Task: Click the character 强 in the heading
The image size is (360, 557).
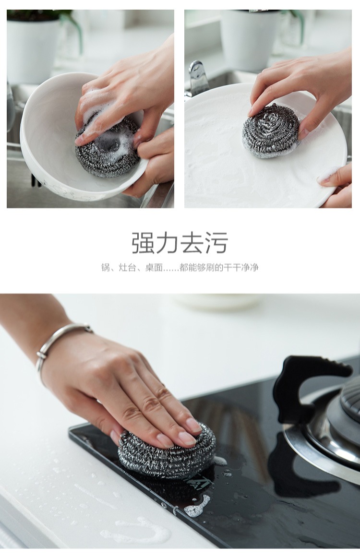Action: click(x=144, y=243)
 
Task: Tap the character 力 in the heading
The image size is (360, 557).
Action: click(x=168, y=243)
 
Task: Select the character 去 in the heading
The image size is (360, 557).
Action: click(x=192, y=243)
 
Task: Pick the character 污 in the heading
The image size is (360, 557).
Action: click(x=216, y=243)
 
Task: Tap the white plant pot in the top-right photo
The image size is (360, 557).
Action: click(x=250, y=38)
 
